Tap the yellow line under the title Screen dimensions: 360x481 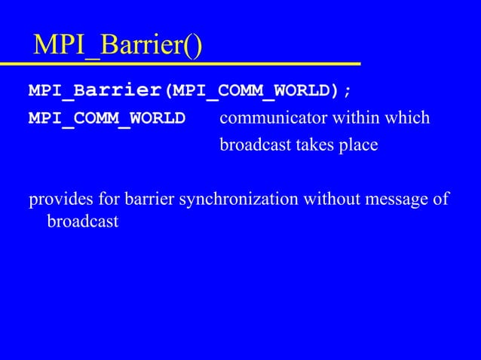(181, 63)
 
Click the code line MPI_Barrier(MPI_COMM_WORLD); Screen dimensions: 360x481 (189, 92)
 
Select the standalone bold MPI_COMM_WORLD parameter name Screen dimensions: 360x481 (106, 119)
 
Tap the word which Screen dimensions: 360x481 (407, 118)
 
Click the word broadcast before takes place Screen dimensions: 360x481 (254, 145)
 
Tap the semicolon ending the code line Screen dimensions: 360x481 (347, 92)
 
